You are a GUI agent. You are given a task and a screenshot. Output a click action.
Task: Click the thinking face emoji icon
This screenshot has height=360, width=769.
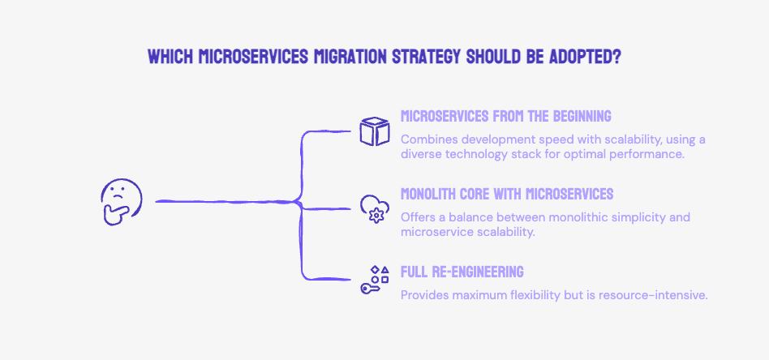pyautogui.click(x=120, y=201)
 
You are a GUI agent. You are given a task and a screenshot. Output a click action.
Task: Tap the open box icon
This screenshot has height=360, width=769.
pyautogui.click(x=376, y=131)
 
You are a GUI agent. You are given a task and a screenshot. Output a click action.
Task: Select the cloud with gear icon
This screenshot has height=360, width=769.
pyautogui.click(x=376, y=208)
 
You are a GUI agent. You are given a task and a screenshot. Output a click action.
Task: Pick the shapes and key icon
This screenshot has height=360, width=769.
pyautogui.click(x=376, y=280)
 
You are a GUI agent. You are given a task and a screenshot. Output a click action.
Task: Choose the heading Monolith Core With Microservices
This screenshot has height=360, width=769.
pyautogui.click(x=507, y=194)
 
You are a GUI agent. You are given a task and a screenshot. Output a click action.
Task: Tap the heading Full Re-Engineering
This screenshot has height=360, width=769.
pyautogui.click(x=462, y=272)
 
